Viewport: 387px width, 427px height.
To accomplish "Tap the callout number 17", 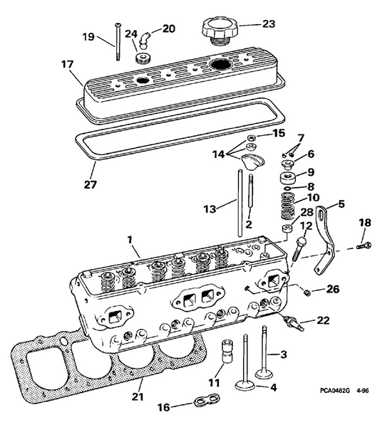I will click(x=67, y=63).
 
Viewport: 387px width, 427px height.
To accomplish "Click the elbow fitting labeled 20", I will click(x=144, y=36).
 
